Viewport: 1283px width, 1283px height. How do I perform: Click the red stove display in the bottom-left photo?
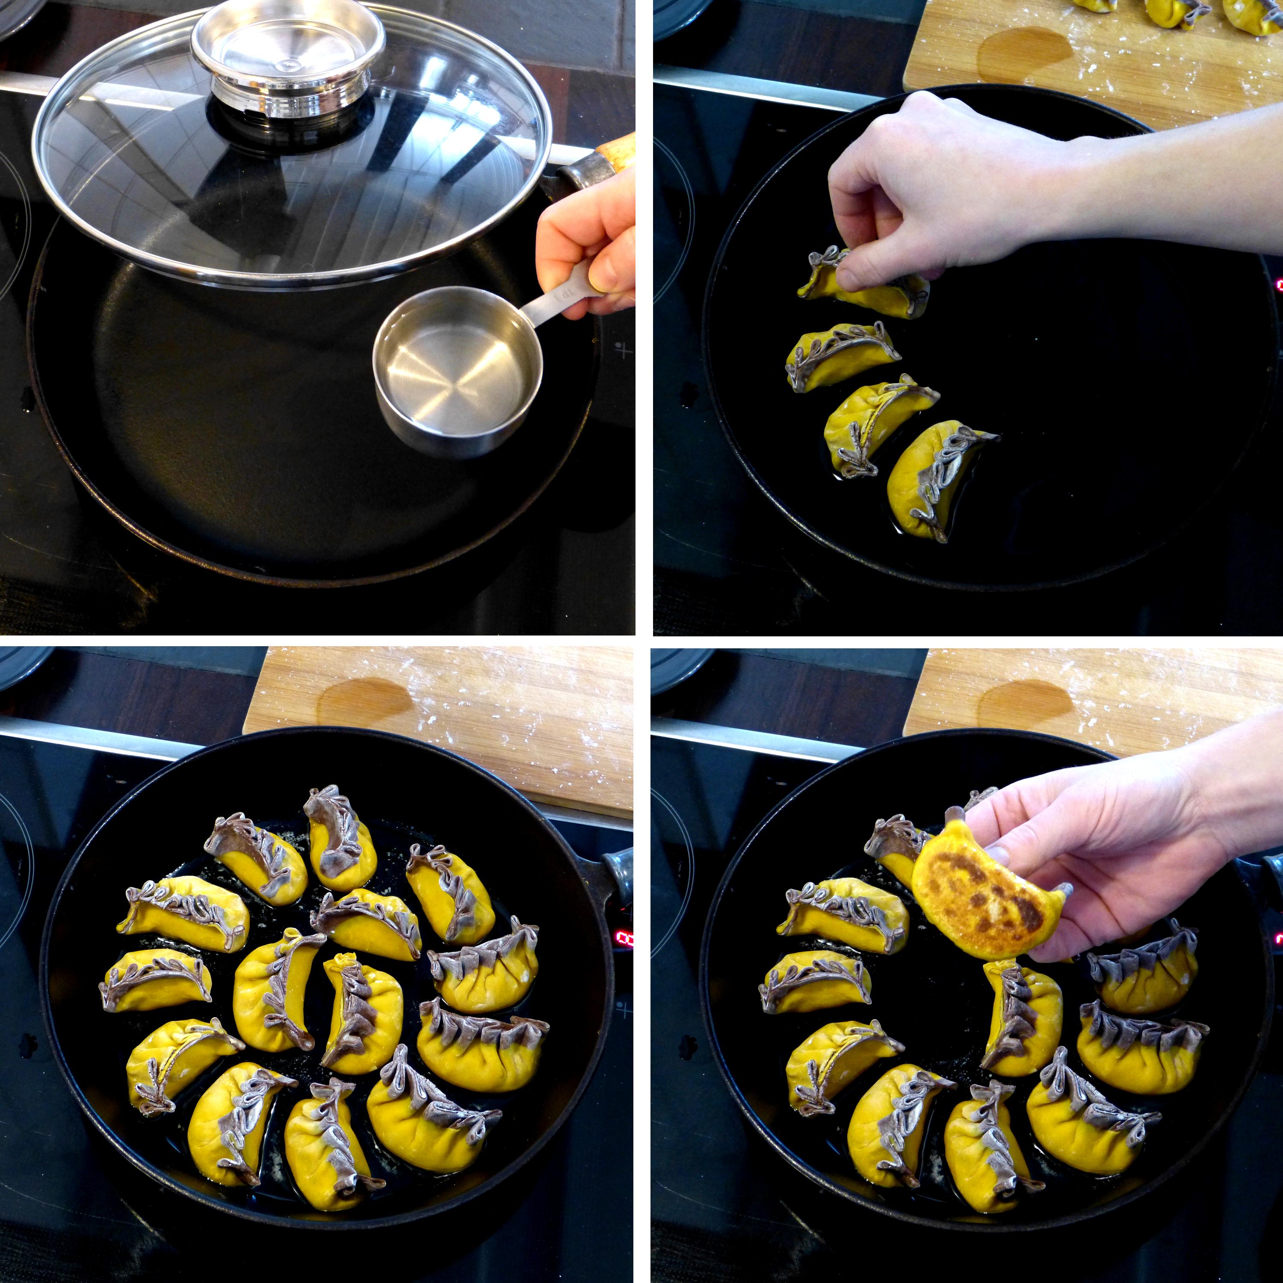click(x=624, y=938)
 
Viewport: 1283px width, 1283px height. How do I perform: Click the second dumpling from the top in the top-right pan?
click(x=840, y=355)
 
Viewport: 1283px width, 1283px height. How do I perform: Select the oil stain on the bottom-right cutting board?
click(x=1023, y=704)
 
